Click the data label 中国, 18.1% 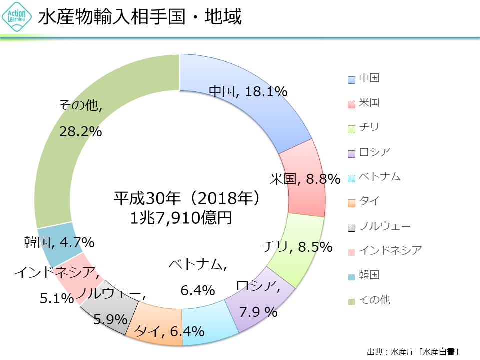point(248,92)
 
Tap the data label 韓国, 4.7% point(59,242)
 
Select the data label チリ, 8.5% point(297,246)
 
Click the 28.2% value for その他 point(80,132)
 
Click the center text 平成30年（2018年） point(188,199)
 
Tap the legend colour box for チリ point(351,128)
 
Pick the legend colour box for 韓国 point(351,276)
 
